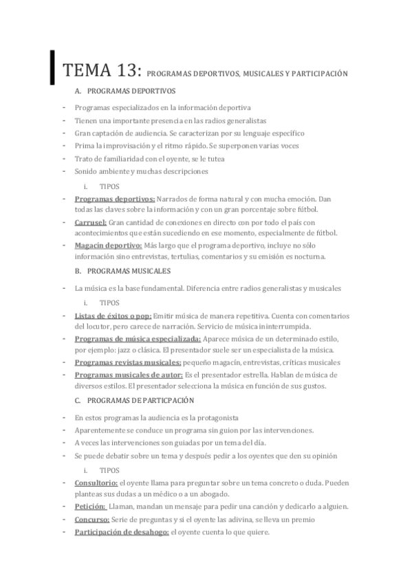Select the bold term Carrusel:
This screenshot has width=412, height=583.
(90, 223)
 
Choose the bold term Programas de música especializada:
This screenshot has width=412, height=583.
(138, 339)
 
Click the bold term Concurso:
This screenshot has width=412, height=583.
(91, 519)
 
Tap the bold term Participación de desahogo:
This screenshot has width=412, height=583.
(121, 531)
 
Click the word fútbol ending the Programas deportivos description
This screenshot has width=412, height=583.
(326, 209)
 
